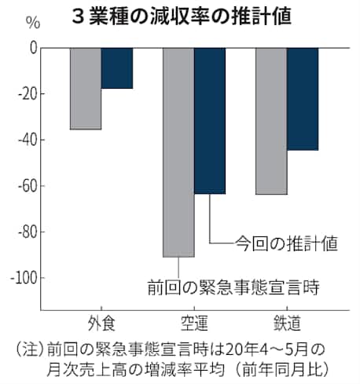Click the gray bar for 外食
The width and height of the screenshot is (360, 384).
coord(86,88)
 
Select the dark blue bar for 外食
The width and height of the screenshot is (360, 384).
coord(116,68)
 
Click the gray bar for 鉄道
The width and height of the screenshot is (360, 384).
coord(271,121)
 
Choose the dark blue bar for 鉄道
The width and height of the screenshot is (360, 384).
coord(303,98)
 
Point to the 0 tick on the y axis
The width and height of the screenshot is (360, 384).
coord(33,48)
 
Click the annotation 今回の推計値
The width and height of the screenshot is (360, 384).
coord(286,243)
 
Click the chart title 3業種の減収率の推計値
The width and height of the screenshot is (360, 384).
coord(182,16)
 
